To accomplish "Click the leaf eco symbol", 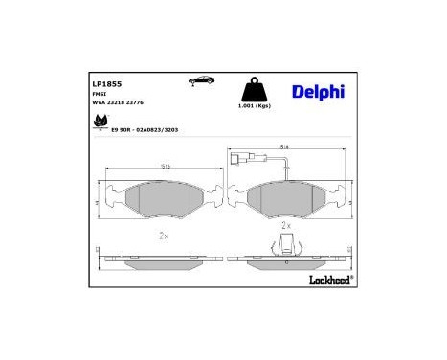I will coord(99,123).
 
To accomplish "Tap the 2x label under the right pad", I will coord(286,225).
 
